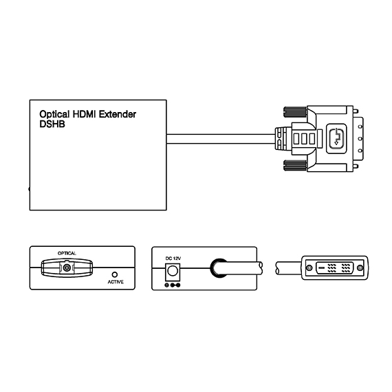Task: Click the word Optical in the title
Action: (54, 114)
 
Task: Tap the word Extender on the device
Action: (118, 114)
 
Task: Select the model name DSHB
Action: (52, 124)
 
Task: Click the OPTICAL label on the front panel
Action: (67, 253)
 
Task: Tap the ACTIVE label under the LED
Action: (116, 282)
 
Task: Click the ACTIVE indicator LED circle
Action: (115, 274)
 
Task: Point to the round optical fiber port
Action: (67, 268)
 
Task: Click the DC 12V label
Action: (173, 259)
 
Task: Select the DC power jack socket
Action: (173, 271)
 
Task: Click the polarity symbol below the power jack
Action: (173, 285)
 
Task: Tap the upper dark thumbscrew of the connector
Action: (295, 111)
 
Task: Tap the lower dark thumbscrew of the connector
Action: (295, 166)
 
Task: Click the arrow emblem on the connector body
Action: (336, 138)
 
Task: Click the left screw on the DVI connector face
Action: (309, 268)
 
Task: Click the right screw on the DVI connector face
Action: (360, 268)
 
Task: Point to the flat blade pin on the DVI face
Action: (322, 268)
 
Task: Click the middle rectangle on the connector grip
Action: (304, 139)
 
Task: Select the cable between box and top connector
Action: (221, 139)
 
